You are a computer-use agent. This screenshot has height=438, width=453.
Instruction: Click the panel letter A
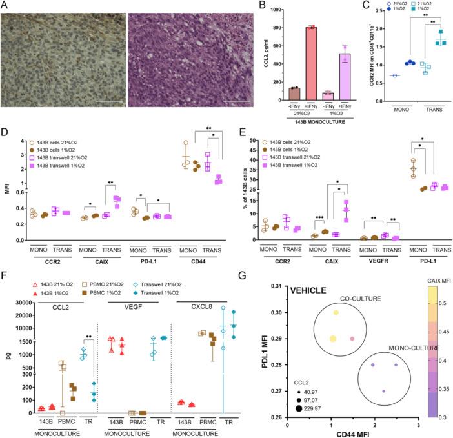click(5, 6)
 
